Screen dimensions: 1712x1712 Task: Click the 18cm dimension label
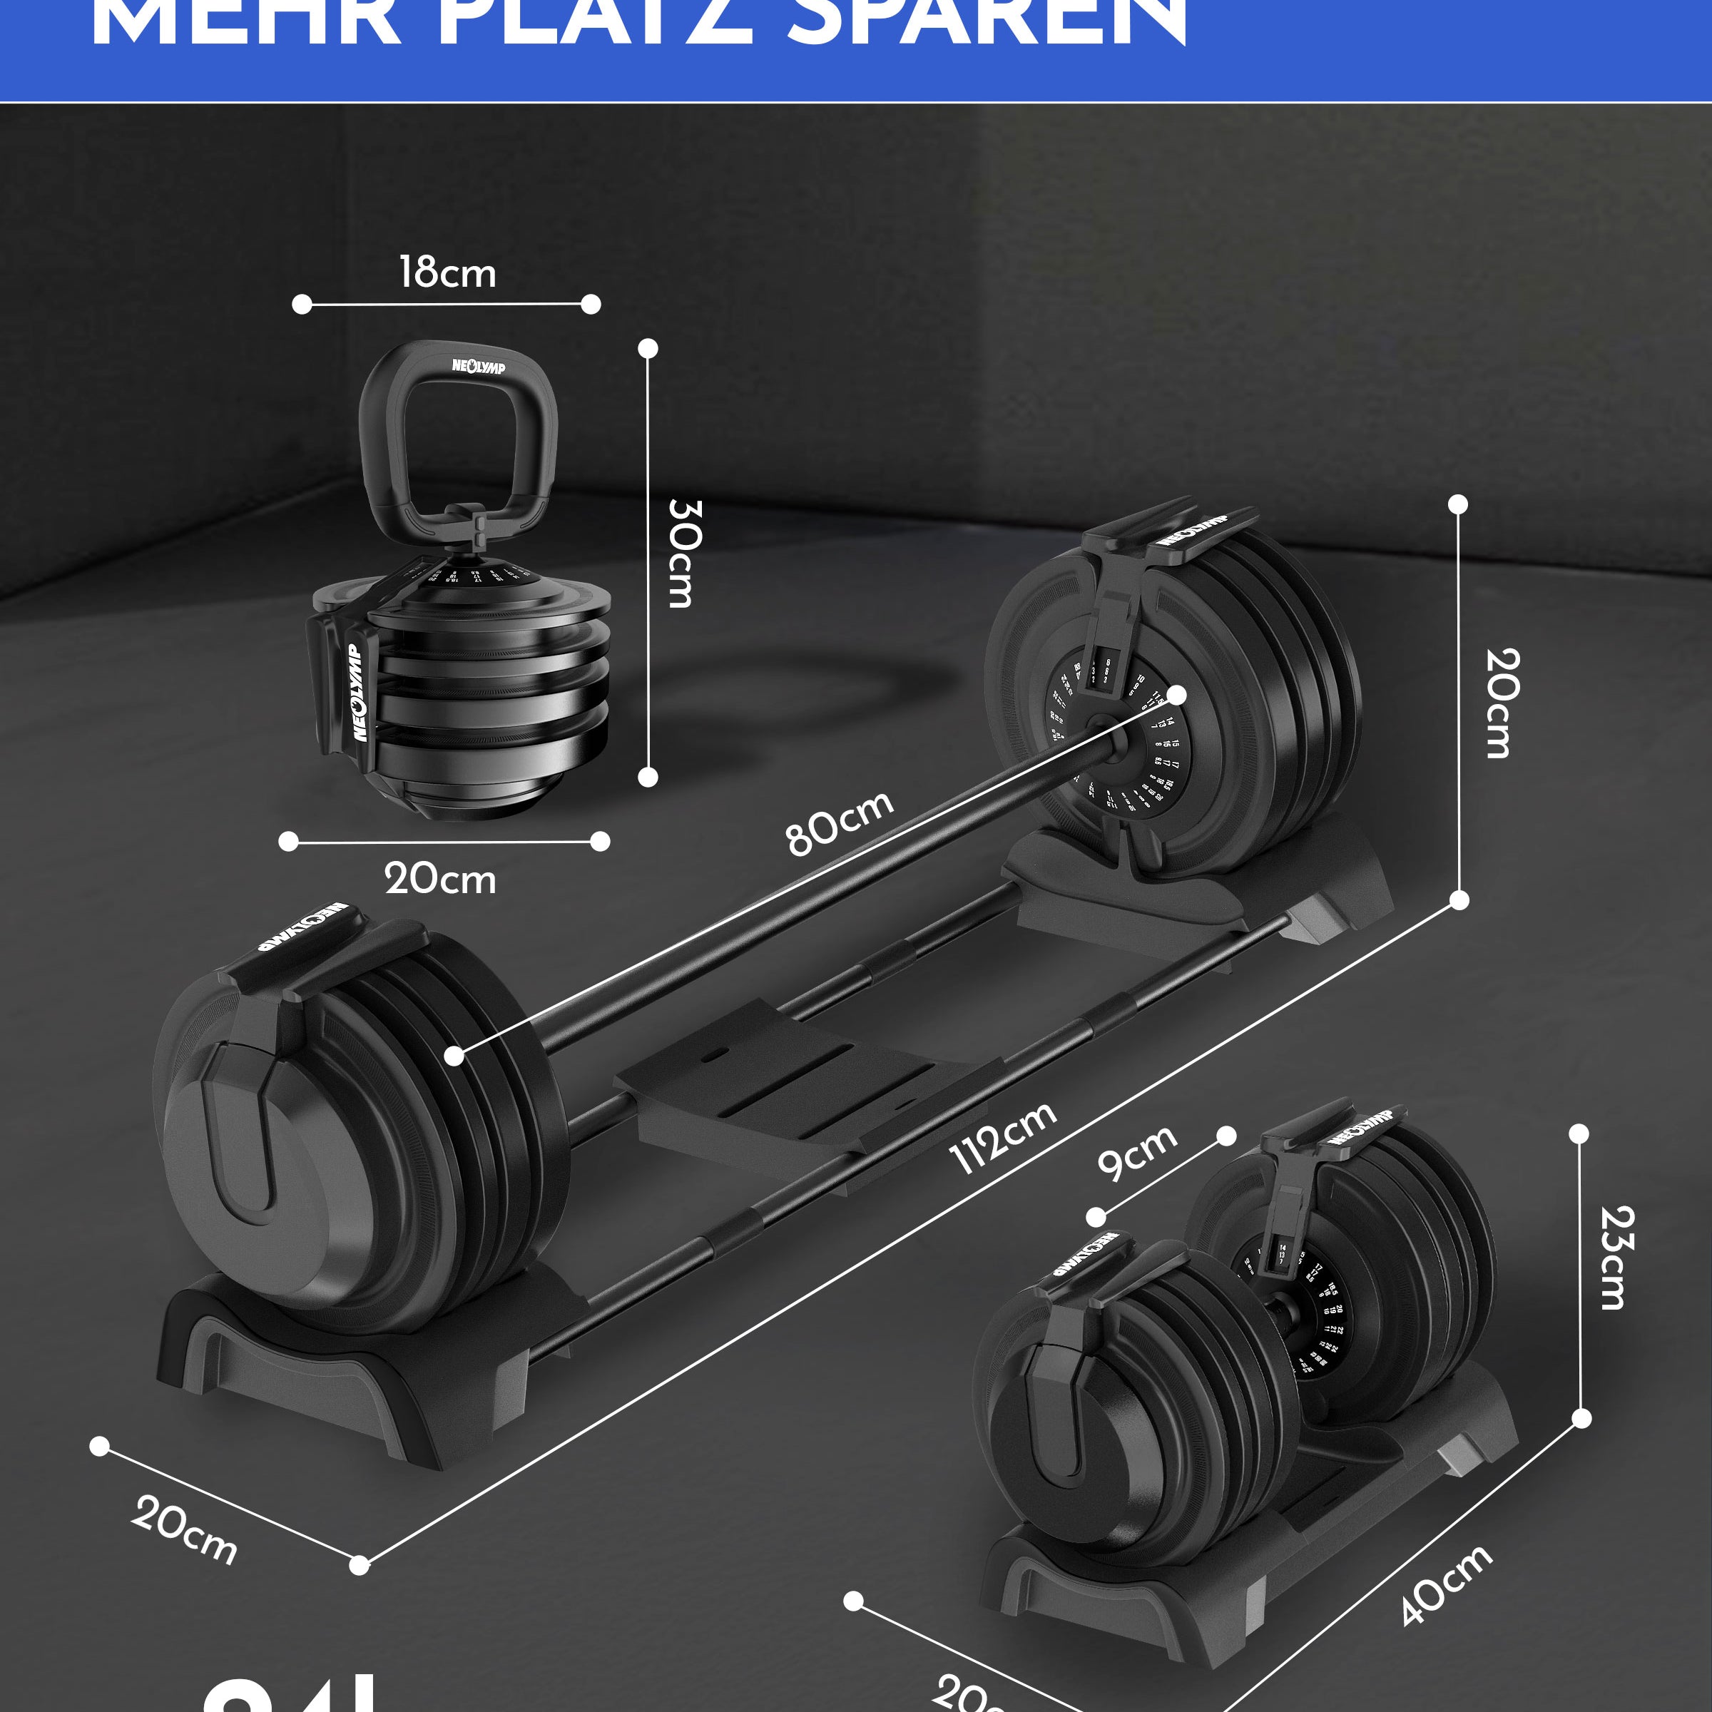tap(447, 272)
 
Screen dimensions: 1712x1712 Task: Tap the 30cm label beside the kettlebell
tap(684, 553)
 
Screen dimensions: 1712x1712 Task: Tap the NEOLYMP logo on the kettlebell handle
tap(479, 365)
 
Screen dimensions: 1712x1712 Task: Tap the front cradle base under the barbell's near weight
tap(355, 1365)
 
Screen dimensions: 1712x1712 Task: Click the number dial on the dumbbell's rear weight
tap(1312, 1312)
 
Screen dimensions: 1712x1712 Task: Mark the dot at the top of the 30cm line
tap(648, 348)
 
